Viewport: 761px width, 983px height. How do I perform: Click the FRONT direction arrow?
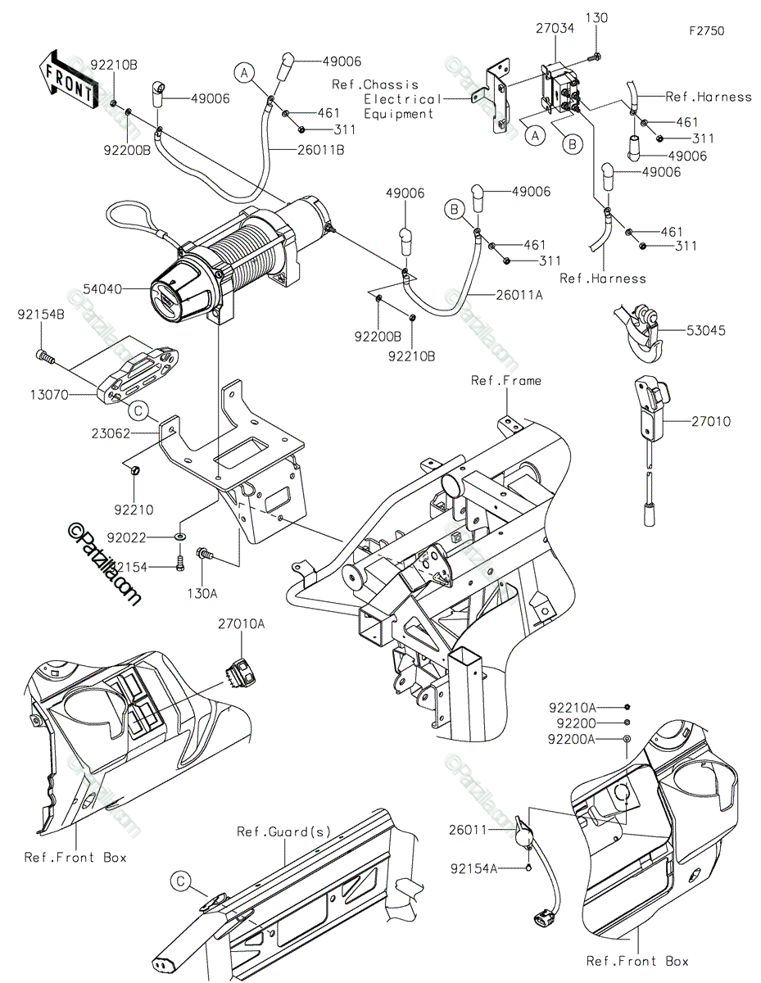(68, 79)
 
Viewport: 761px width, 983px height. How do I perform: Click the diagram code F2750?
(707, 31)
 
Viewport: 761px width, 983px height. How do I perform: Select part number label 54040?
(102, 289)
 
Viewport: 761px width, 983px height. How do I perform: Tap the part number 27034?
(555, 29)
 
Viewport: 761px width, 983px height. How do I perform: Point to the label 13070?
(49, 395)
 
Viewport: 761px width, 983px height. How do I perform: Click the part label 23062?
(111, 433)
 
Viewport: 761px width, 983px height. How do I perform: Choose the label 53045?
(706, 330)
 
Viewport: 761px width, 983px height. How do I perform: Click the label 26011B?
(321, 150)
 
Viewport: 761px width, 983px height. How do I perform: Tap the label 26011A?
(519, 295)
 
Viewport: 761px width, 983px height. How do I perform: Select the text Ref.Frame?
(506, 380)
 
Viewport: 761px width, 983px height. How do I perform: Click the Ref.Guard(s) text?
(284, 831)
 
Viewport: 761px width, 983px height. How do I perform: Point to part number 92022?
(127, 537)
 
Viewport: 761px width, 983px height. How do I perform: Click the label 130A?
(202, 593)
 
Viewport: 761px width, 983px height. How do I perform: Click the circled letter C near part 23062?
(138, 410)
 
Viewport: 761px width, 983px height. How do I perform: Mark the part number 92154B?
(41, 315)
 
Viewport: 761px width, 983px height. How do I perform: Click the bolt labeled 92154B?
(45, 356)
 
